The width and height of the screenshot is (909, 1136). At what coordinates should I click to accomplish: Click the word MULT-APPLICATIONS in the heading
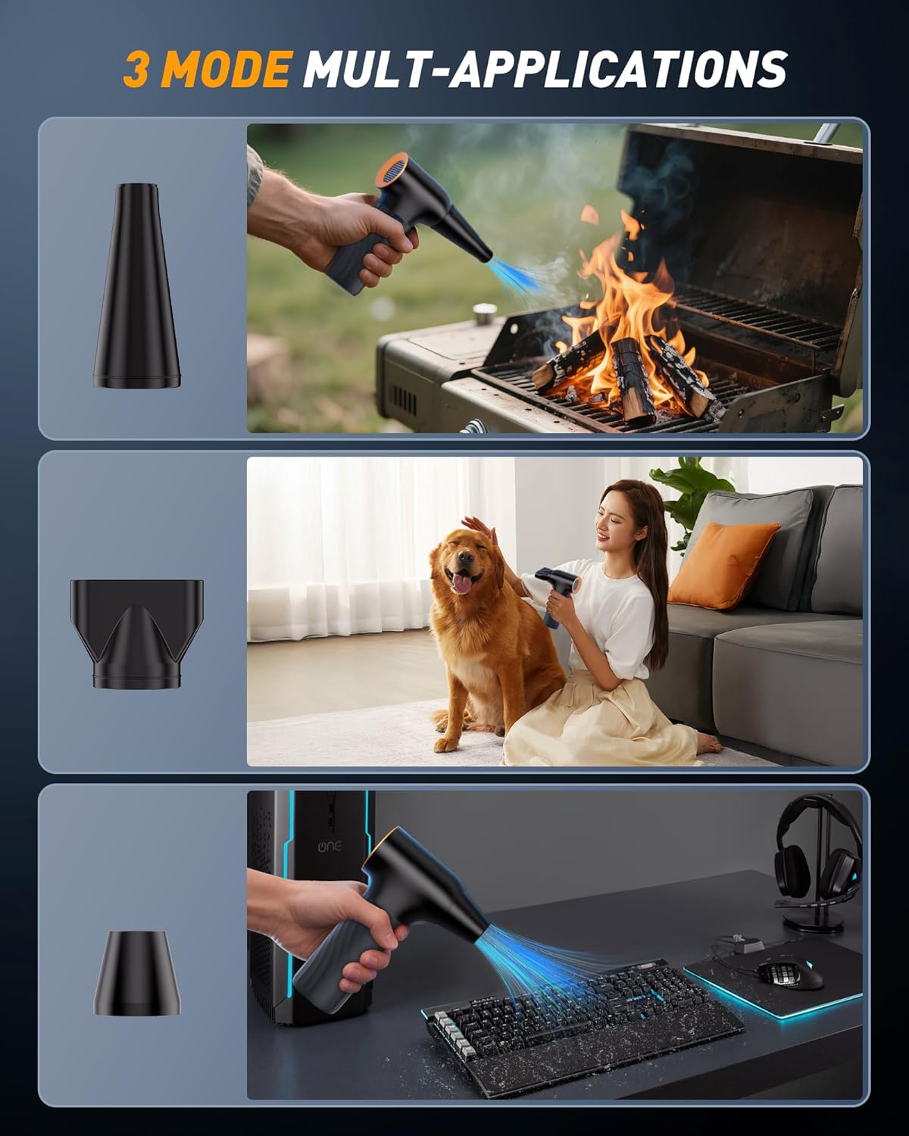(545, 70)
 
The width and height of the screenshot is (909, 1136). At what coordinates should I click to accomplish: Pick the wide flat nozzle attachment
(137, 633)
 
